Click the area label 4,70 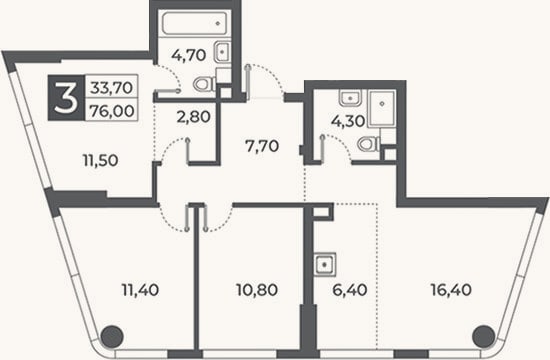[x=188, y=55]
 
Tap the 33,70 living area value [x=112, y=87]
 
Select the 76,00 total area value [x=112, y=111]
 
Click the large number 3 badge [x=66, y=98]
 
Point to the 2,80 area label [x=194, y=117]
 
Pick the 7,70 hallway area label [x=262, y=146]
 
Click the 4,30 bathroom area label [x=348, y=121]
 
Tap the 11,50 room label [x=101, y=161]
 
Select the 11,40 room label [x=140, y=290]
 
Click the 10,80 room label [x=257, y=290]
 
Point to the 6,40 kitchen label [x=350, y=290]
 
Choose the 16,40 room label [x=451, y=290]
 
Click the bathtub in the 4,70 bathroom [x=195, y=24]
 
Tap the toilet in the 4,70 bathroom [x=204, y=84]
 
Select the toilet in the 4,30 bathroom [x=368, y=144]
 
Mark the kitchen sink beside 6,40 [x=324, y=264]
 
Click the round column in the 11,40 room [x=112, y=336]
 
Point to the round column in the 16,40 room [x=483, y=336]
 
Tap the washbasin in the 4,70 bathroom [x=222, y=52]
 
